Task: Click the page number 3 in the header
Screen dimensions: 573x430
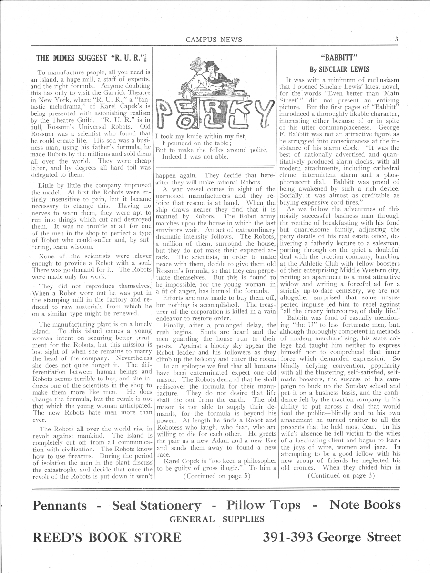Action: coord(396,40)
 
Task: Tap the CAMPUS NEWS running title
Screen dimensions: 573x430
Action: coord(214,40)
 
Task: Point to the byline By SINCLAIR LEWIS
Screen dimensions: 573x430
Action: coord(340,69)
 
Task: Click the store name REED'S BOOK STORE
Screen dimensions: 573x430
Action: coord(107,538)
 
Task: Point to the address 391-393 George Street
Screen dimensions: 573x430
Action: coord(332,538)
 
